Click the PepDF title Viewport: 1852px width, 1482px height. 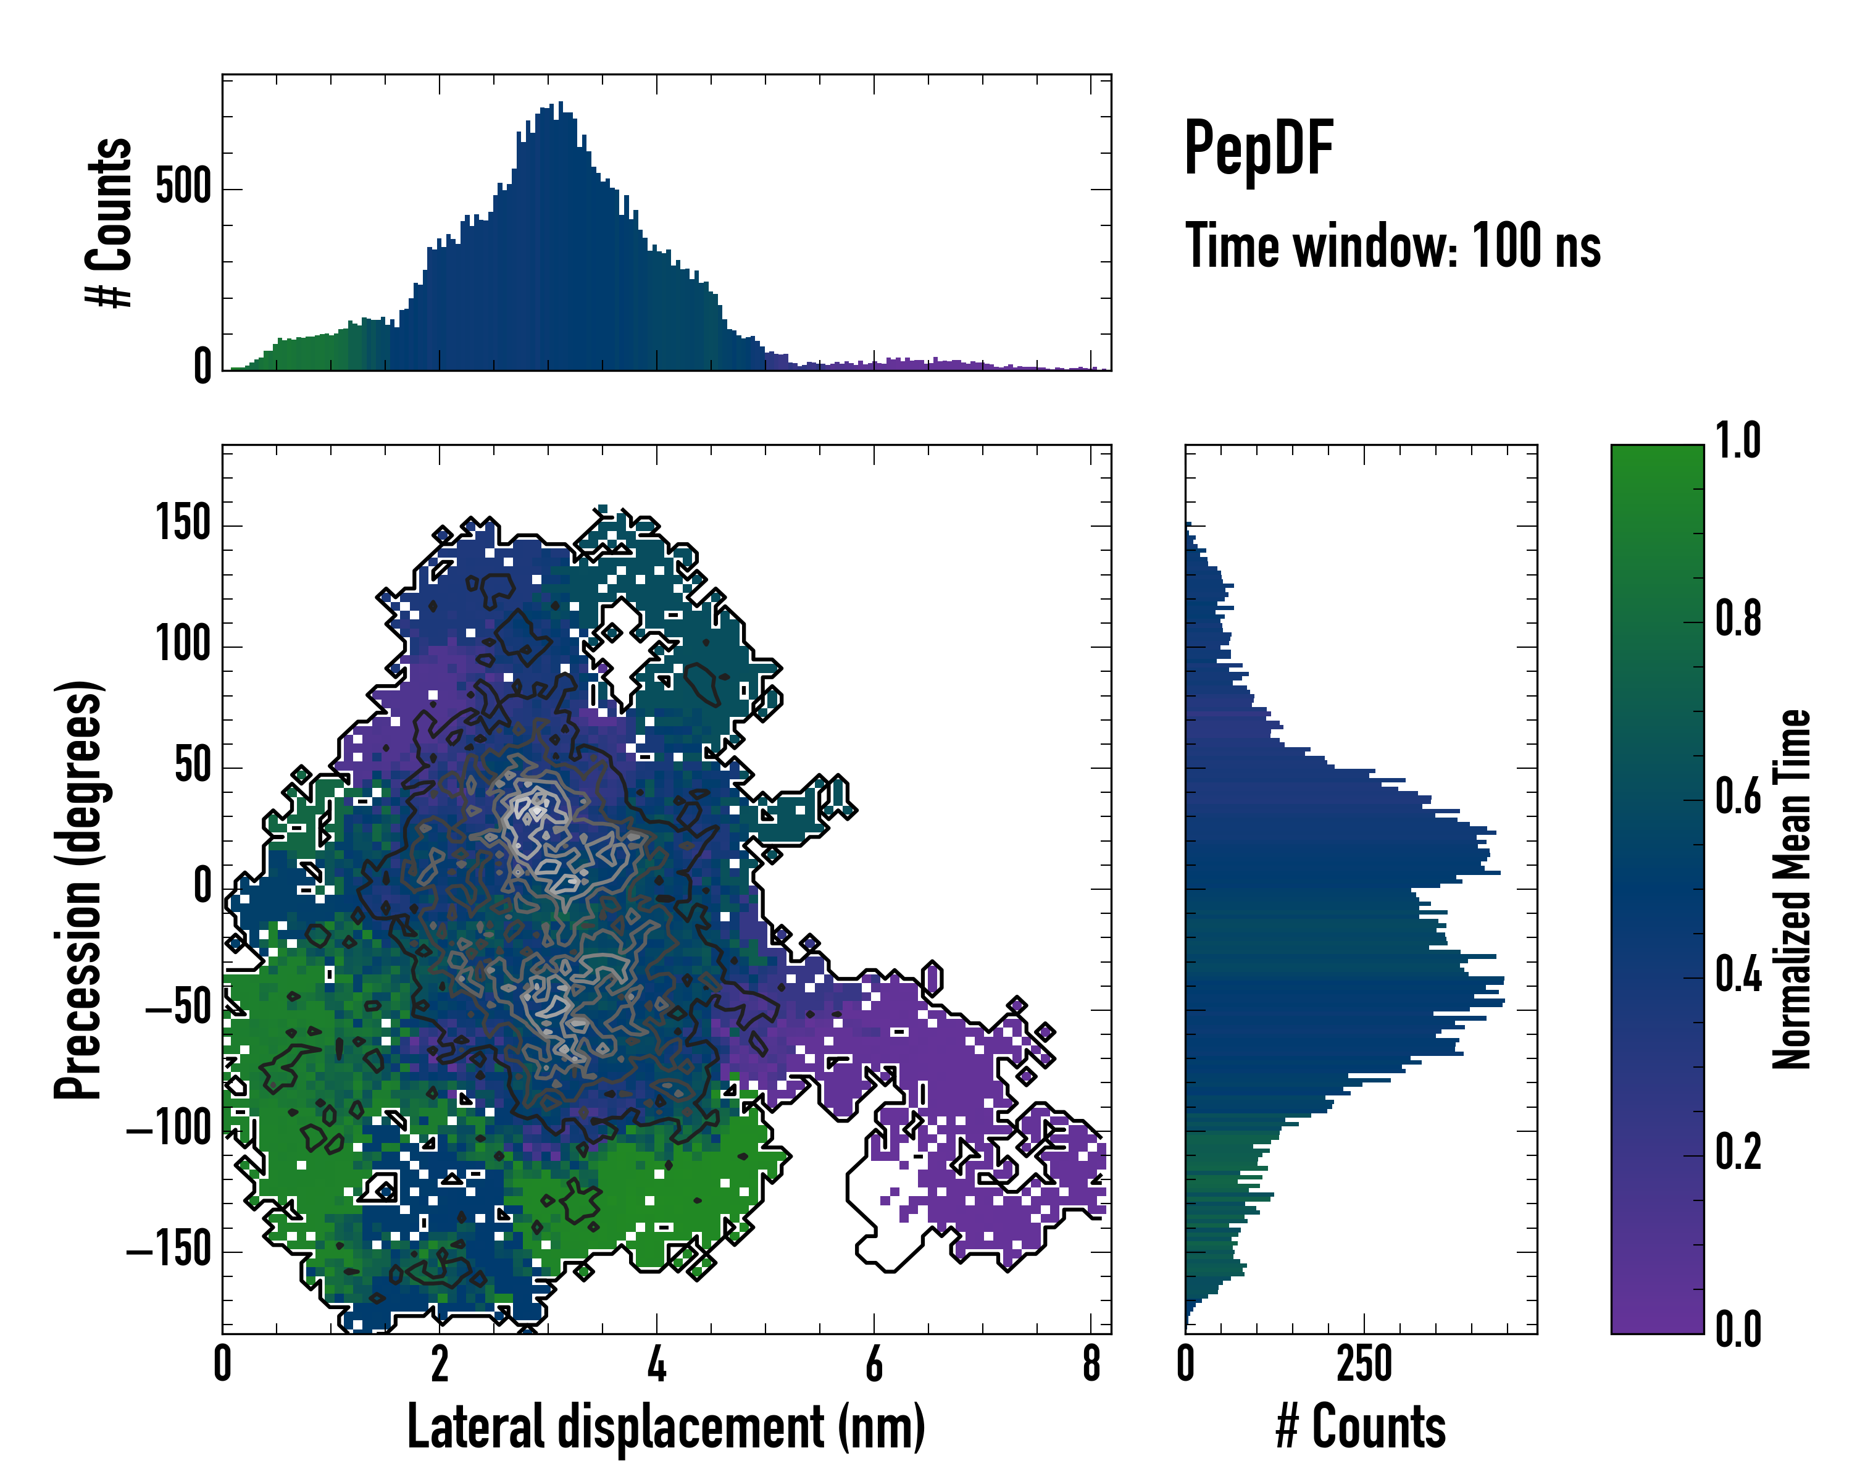(x=1258, y=149)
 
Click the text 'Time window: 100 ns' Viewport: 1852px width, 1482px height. (x=1393, y=246)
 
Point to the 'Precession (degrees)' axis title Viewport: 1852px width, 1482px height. (x=79, y=889)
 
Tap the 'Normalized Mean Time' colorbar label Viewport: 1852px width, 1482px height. (x=1792, y=889)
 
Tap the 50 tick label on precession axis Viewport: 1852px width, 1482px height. (x=193, y=766)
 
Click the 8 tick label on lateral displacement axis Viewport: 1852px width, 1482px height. (x=1091, y=1363)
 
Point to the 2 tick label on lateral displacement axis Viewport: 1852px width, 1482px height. (x=440, y=1363)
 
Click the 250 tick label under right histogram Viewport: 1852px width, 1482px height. (x=1364, y=1363)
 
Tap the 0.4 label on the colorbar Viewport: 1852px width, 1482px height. (x=1738, y=975)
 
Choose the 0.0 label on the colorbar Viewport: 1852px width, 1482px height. (x=1738, y=1329)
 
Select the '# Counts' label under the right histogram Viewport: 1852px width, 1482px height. (x=1361, y=1427)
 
